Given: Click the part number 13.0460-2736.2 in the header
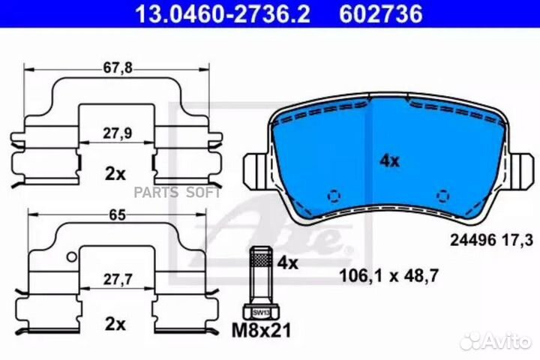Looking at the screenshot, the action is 223,13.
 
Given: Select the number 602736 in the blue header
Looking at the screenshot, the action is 381,13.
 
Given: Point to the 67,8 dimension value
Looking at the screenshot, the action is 118,68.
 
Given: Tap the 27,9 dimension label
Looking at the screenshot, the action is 118,133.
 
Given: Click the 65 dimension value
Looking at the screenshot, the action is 118,215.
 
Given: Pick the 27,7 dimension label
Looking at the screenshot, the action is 118,280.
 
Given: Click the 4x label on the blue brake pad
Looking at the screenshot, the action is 389,161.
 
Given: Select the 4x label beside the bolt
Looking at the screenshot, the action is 287,263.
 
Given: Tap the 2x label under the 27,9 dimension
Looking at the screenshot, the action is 115,174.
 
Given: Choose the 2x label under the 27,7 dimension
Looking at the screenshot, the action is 115,324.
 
